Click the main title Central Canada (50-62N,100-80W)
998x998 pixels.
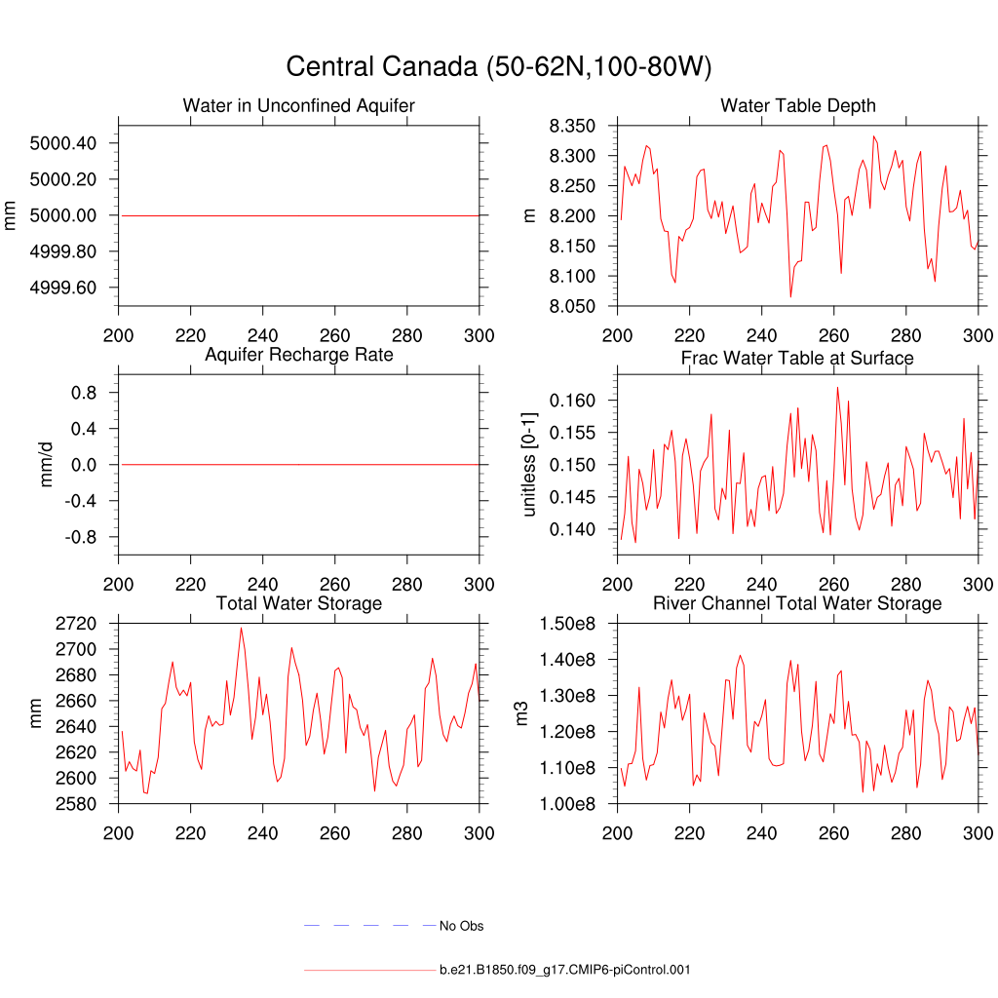pyautogui.click(x=499, y=67)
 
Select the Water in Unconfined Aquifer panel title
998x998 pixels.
pyautogui.click(x=298, y=105)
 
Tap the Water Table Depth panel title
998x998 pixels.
pyautogui.click(x=797, y=105)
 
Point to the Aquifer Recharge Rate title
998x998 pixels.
pyautogui.click(x=298, y=355)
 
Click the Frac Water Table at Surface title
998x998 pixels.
pyautogui.click(x=797, y=359)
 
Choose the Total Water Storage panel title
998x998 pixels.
pyautogui.click(x=298, y=604)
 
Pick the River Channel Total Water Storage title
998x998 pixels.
pyautogui.click(x=797, y=604)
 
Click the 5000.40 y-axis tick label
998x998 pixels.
pyautogui.click(x=63, y=143)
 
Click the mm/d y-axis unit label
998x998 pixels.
pyautogui.click(x=47, y=464)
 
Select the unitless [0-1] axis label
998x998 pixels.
pyautogui.click(x=530, y=464)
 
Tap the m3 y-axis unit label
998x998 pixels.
pyautogui.click(x=522, y=713)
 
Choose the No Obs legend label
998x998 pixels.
pyautogui.click(x=461, y=926)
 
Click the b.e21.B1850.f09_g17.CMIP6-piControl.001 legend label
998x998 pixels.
pyautogui.click(x=565, y=970)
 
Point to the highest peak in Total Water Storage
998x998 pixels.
pyautogui.click(x=241, y=628)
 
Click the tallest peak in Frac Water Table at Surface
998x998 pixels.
pyautogui.click(x=837, y=387)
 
